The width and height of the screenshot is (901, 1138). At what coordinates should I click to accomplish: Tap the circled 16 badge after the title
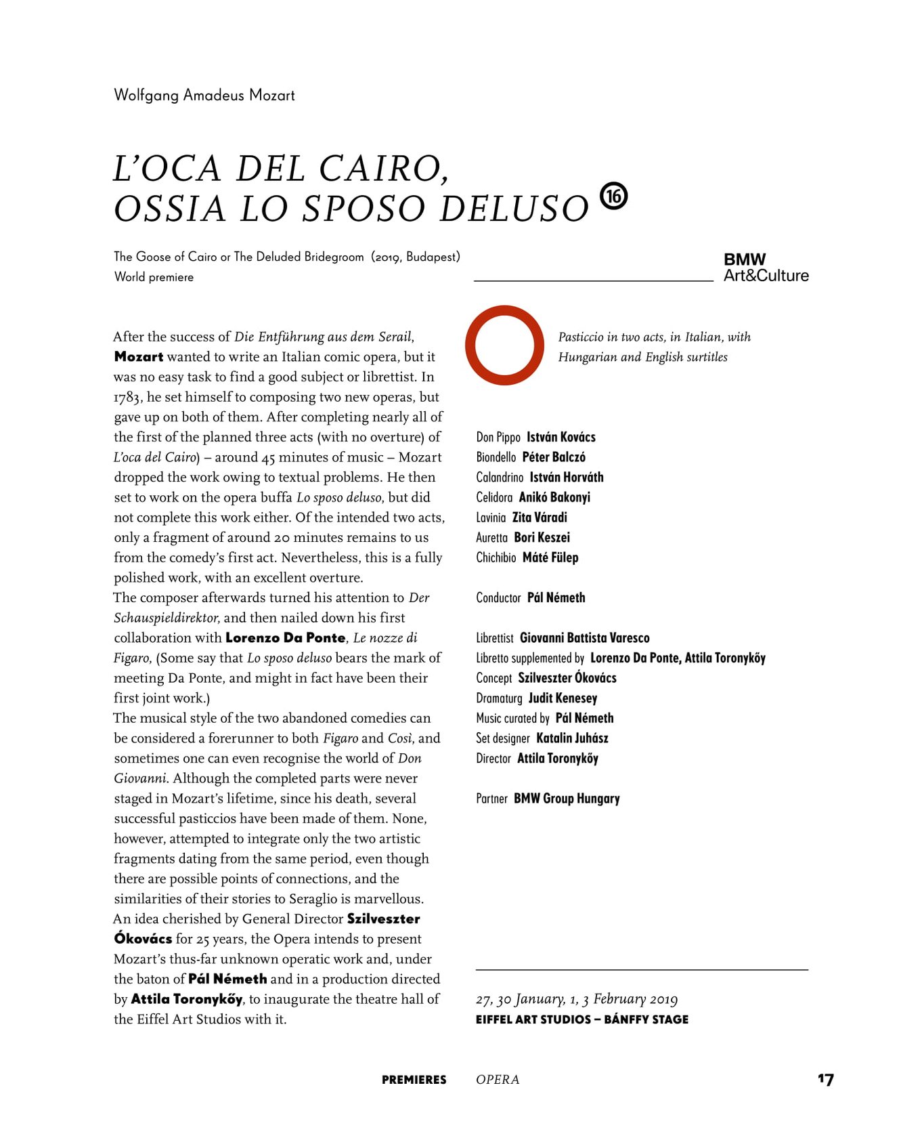(x=613, y=196)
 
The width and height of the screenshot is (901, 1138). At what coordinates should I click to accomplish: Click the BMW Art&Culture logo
(x=765, y=268)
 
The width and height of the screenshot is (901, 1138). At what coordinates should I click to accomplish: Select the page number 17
(x=825, y=1079)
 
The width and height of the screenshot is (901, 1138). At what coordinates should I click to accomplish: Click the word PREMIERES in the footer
(x=414, y=1080)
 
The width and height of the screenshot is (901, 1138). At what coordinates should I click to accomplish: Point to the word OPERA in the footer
(x=498, y=1080)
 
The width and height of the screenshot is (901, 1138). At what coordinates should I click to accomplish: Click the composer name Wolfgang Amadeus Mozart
(x=204, y=95)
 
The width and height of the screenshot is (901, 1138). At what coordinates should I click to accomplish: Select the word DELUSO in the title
(x=514, y=209)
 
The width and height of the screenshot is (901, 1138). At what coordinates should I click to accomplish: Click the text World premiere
(x=154, y=277)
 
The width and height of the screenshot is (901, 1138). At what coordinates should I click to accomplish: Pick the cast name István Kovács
(x=561, y=437)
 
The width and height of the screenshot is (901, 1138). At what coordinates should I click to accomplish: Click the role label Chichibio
(x=496, y=557)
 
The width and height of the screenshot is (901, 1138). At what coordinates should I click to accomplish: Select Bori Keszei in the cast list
(x=542, y=537)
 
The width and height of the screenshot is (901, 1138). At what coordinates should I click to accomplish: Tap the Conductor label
(x=498, y=597)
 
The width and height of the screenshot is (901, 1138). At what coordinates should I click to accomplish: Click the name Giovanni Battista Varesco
(x=584, y=637)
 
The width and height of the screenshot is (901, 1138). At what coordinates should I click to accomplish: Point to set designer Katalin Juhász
(x=572, y=738)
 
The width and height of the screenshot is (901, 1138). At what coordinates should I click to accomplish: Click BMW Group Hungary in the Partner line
(x=566, y=798)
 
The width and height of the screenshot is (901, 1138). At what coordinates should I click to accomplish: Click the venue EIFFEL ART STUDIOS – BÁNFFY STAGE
(x=581, y=1019)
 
